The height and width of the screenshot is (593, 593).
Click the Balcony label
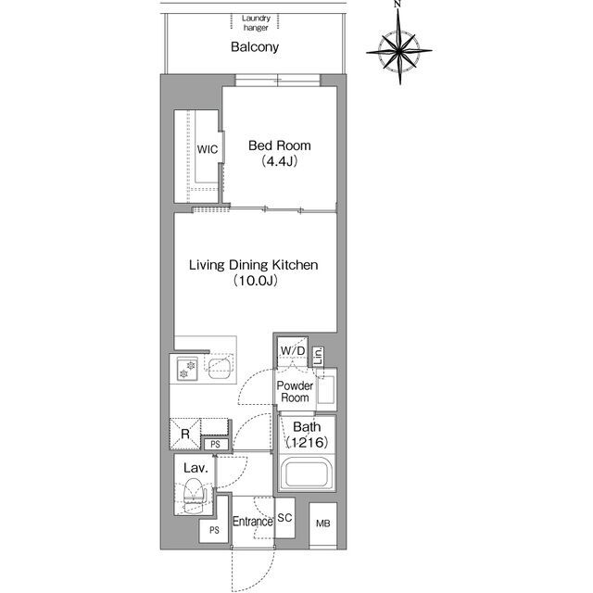pos(255,47)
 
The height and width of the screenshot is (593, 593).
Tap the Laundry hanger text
pos(256,22)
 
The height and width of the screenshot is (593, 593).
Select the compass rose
pos(399,49)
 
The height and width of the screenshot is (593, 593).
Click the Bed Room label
pos(280,145)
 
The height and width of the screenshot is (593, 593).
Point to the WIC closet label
pos(208,149)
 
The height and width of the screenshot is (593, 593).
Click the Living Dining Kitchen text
pos(253,265)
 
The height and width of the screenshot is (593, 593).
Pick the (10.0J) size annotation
pos(255,281)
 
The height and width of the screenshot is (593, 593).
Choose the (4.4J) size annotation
pos(280,161)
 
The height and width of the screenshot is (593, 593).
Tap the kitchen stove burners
pos(187,369)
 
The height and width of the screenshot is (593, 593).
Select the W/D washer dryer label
pos(293,351)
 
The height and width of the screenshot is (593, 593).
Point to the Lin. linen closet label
pos(319,356)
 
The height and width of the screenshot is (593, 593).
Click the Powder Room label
pos(295,392)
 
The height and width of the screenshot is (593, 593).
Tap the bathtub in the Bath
pos(307,473)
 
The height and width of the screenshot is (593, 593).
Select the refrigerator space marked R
pos(185,434)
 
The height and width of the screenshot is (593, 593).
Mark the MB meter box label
pos(323,524)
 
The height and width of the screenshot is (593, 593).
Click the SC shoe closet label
pos(284,517)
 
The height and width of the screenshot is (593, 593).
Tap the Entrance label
pos(253,522)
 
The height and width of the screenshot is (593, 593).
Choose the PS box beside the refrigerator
pos(215,445)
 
